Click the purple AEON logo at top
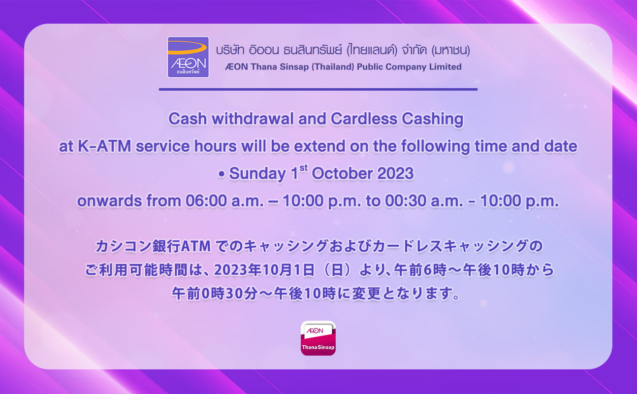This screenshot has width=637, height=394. coord(188,57)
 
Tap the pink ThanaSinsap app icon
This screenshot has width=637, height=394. coord(318,338)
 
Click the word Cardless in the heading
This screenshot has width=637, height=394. coord(364,119)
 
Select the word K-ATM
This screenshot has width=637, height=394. coord(104,146)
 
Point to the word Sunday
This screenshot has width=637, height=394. coord(257,173)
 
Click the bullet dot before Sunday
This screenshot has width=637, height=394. coord(221,174)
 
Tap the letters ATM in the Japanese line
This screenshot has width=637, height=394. coord(195,246)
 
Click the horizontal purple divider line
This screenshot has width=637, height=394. coord(318,89)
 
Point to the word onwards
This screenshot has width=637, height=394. coord(109,201)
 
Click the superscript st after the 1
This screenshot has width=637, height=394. coord(303,168)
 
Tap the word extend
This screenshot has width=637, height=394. coord(319,146)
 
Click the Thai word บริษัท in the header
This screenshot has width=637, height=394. coord(230,50)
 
